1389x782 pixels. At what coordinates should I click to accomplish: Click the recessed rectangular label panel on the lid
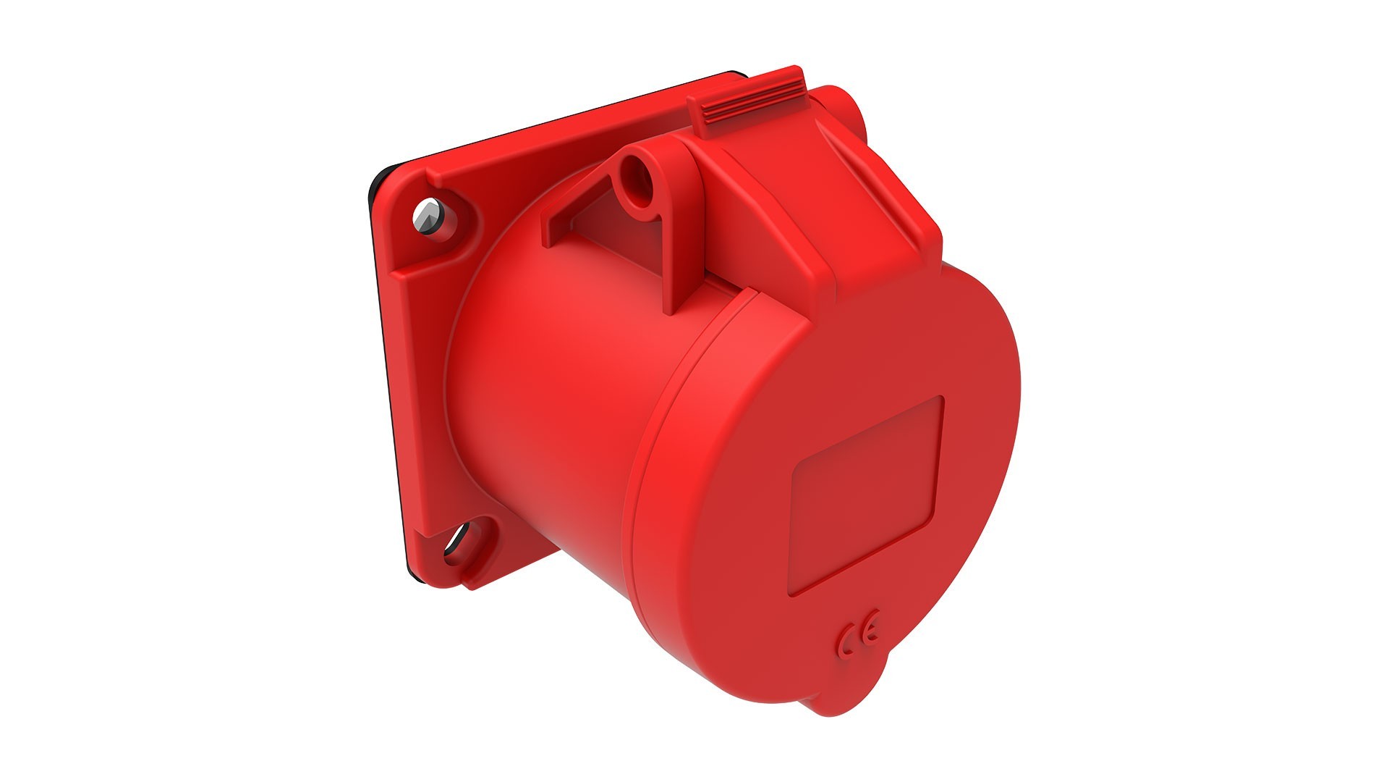pyautogui.click(x=868, y=496)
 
